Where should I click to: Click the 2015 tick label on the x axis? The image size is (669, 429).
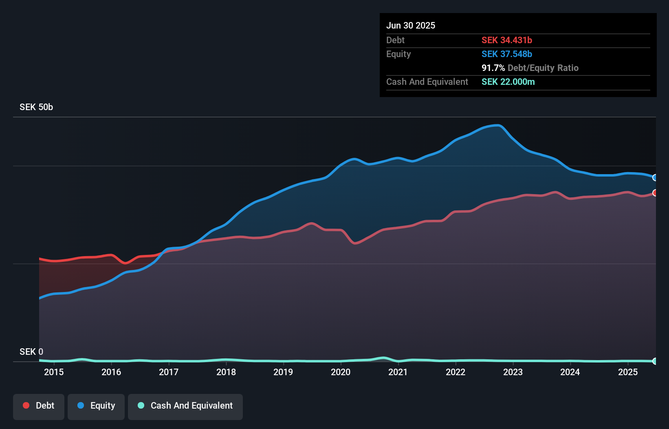[x=54, y=372]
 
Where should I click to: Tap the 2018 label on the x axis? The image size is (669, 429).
[x=226, y=372]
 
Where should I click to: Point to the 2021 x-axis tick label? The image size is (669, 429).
[x=398, y=372]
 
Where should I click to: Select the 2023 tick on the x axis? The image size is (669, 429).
[x=513, y=372]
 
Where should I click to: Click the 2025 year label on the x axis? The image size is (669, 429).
[x=628, y=372]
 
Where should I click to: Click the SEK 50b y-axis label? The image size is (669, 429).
[x=36, y=107]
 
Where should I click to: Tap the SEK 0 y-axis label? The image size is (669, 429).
[x=31, y=352]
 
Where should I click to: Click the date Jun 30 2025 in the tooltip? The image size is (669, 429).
[x=411, y=25]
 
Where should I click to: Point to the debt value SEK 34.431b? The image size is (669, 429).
[x=507, y=40]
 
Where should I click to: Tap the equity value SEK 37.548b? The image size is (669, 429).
[x=507, y=54]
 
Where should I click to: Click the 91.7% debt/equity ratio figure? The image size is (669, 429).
[x=493, y=68]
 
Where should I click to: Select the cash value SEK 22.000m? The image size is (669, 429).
[x=508, y=82]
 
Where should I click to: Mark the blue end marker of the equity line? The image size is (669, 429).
[x=655, y=177]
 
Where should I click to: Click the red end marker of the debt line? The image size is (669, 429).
[x=655, y=192]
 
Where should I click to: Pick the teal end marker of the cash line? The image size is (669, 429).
[x=655, y=361]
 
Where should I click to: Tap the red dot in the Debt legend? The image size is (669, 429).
[x=26, y=405]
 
